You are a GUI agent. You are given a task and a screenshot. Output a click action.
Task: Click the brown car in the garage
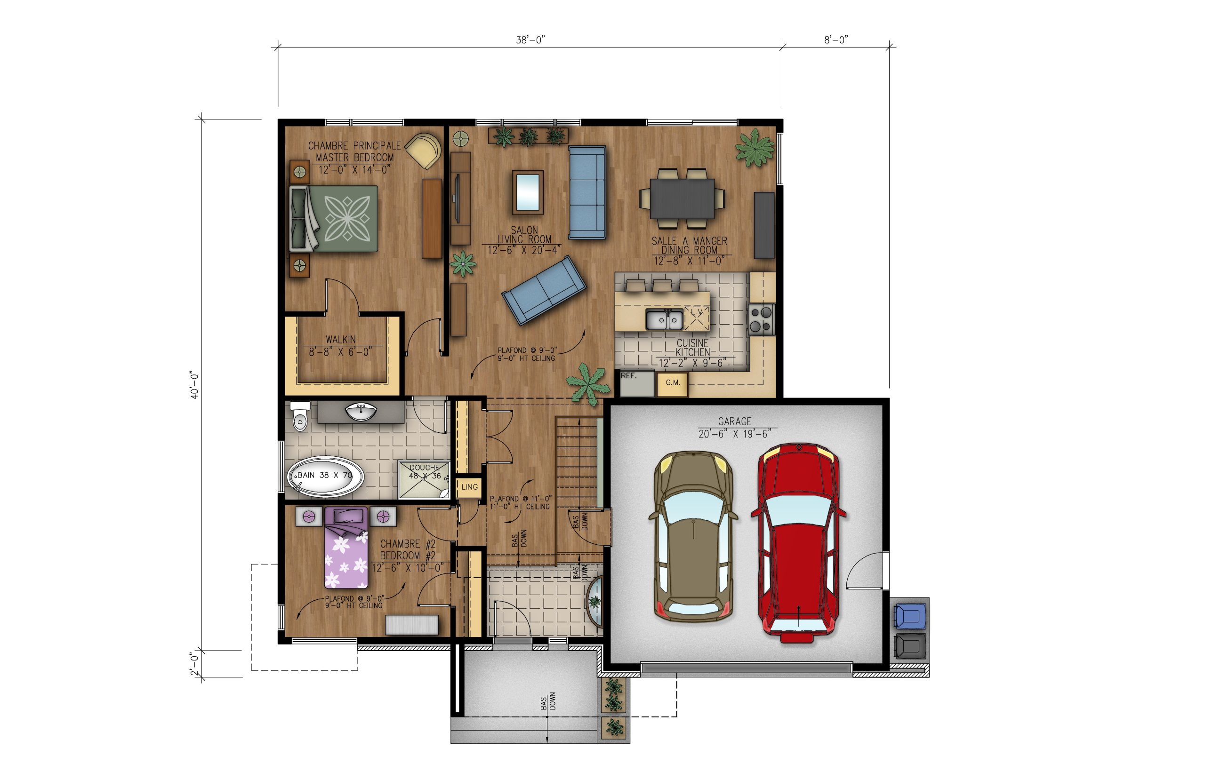coord(693,536)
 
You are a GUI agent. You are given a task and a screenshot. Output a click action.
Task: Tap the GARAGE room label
coord(734,421)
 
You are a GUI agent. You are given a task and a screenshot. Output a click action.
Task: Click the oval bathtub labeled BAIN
coord(325,477)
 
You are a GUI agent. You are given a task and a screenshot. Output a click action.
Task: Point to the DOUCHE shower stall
coord(425,479)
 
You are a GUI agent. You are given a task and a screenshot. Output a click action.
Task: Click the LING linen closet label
coord(469,487)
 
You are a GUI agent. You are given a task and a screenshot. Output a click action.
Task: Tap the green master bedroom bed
coord(334,218)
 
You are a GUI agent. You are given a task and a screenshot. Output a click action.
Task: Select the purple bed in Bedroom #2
coord(346,548)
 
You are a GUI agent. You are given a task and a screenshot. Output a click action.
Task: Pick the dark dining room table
coord(682,199)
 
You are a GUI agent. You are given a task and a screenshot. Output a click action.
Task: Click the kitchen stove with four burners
coord(761,320)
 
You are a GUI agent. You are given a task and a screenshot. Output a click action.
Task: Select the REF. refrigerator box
coord(637,384)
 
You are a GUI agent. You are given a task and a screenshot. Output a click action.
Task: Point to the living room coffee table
coord(527,192)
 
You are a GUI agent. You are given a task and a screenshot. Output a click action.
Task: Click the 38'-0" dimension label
coord(530,40)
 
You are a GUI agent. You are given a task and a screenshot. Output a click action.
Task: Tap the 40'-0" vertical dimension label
coord(195,385)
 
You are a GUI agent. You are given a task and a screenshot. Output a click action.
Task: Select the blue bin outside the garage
coord(910,615)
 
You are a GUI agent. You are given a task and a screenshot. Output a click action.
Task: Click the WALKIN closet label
coord(341,340)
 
